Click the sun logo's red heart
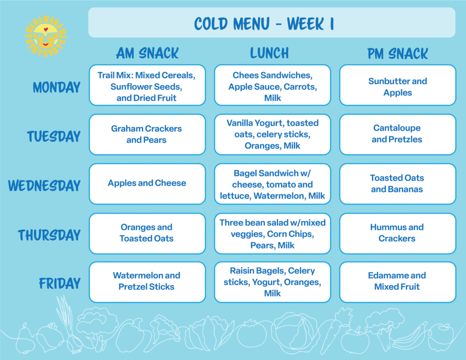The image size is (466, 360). pyautogui.click(x=46, y=30)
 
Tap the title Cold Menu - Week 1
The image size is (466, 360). pyautogui.click(x=264, y=24)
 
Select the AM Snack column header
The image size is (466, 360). pyautogui.click(x=147, y=53)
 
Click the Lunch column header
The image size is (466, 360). pyautogui.click(x=269, y=53)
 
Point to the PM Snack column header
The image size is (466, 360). pyautogui.click(x=398, y=54)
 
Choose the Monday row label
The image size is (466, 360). pyautogui.click(x=56, y=87)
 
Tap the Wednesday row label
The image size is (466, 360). pyautogui.click(x=44, y=186)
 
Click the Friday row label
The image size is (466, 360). pyautogui.click(x=60, y=283)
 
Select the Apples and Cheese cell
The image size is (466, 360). pyautogui.click(x=147, y=184)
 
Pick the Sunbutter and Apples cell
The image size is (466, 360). pyautogui.click(x=398, y=85)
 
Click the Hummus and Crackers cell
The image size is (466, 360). pyautogui.click(x=398, y=233)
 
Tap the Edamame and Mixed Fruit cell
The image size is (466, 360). pyautogui.click(x=398, y=282)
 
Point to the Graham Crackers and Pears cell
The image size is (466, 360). pyautogui.click(x=147, y=134)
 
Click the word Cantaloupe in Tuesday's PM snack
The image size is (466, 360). pyautogui.click(x=397, y=128)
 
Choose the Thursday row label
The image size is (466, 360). pyautogui.click(x=49, y=235)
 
